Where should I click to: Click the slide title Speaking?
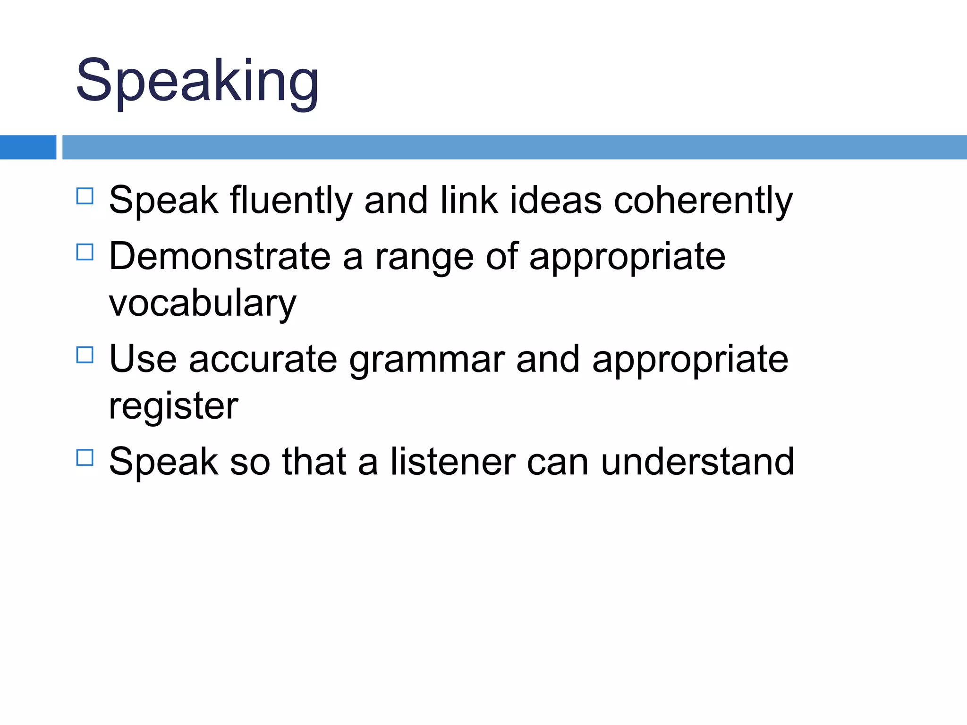point(197,81)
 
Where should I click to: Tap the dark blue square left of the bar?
point(28,147)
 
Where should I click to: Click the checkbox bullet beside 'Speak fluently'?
point(85,196)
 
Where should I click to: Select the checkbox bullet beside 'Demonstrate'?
point(85,252)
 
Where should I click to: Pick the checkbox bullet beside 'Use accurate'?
point(85,354)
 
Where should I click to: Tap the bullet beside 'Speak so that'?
point(85,457)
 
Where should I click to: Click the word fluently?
point(291,201)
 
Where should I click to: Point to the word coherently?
point(703,201)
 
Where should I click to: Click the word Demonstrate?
point(220,256)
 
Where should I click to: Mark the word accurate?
point(263,360)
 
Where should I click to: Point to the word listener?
point(452,462)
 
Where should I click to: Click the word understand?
point(697,462)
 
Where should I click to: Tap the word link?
point(469,201)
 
